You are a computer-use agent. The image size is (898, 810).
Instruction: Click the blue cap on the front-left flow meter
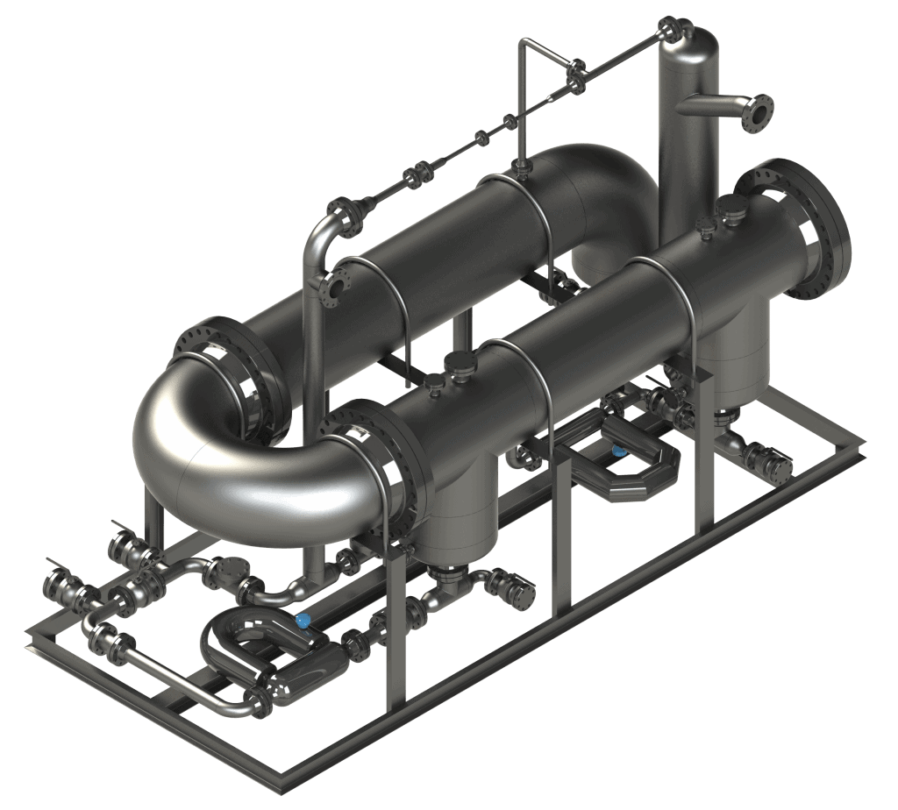(x=303, y=621)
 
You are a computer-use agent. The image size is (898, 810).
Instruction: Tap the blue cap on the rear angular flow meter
(x=619, y=451)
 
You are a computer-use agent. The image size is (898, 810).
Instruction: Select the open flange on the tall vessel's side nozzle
(x=757, y=113)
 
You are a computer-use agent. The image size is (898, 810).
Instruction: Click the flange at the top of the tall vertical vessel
(x=672, y=28)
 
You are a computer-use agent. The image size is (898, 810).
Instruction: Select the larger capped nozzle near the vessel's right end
(x=731, y=209)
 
